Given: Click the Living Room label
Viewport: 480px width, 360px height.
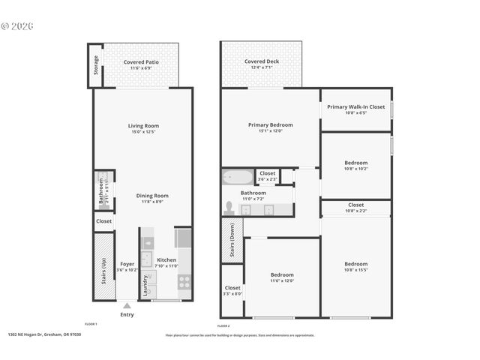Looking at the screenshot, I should coord(142,126).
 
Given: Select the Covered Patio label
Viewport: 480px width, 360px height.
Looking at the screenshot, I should coord(141,61).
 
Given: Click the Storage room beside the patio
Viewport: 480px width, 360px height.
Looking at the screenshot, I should coord(95,65).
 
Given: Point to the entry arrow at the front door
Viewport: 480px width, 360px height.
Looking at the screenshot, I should coord(127,306).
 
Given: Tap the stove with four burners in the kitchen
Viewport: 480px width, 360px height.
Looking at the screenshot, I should coord(184,282).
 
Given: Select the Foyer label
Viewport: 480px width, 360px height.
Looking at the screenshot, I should coord(127,264).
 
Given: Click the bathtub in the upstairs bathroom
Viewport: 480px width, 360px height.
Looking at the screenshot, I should coord(238,178).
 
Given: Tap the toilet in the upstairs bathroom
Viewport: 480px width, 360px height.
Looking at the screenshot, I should coord(229,208).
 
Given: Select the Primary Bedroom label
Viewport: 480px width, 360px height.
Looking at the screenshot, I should coord(270,124).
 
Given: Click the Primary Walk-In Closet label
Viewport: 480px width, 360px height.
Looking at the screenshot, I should coord(355,106).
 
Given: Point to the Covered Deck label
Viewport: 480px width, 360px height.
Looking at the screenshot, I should coord(261,61).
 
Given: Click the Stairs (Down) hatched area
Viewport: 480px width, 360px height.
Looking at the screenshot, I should coord(232,241).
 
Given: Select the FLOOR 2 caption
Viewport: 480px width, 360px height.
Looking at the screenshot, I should coord(223,326).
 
